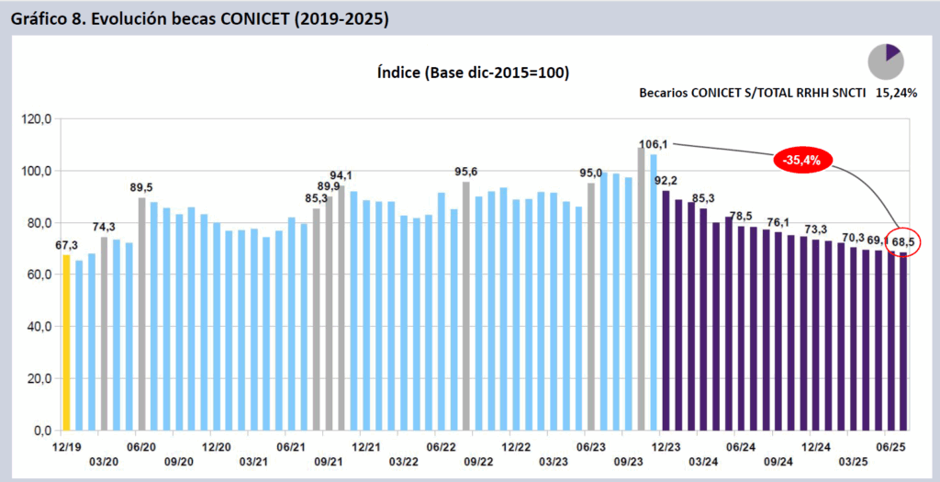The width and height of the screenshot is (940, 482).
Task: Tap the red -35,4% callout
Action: coord(801,160)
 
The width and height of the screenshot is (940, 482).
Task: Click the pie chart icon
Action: coord(887,62)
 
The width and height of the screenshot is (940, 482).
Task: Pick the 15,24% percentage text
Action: coord(897,93)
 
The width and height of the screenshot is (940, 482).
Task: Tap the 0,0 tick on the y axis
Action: coord(42,431)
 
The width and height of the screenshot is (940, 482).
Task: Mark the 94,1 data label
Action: coord(341,175)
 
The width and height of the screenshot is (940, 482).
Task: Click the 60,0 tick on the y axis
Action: coord(39,275)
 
